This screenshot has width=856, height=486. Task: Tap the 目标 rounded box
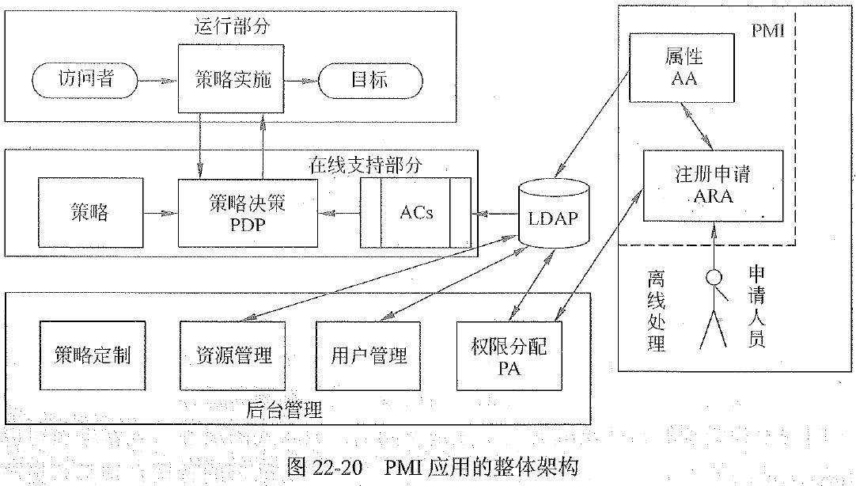click(369, 80)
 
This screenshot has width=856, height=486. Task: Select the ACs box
click(416, 212)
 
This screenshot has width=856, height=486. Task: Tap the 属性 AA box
click(683, 69)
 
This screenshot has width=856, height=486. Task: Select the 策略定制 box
click(93, 355)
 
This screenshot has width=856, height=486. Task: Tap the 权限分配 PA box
click(509, 355)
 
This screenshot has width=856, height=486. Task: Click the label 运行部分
click(232, 26)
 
